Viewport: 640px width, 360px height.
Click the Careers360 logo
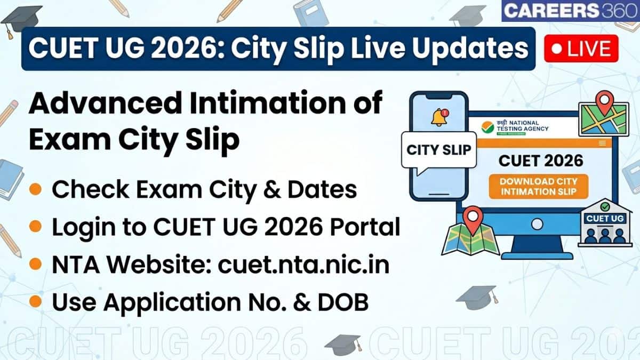click(570, 11)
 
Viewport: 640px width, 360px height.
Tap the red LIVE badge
click(581, 49)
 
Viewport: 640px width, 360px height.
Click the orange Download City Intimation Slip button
click(538, 187)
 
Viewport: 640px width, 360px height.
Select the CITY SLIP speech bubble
click(438, 150)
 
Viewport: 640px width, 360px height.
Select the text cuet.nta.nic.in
click(303, 265)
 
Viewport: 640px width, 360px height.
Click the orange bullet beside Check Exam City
click(36, 189)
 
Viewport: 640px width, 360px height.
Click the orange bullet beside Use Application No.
click(36, 302)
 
